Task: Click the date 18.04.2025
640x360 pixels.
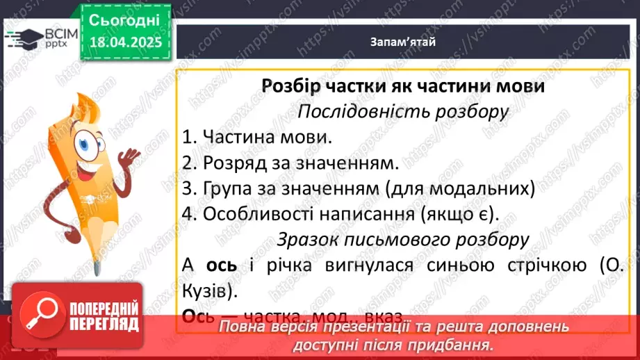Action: [x=125, y=43]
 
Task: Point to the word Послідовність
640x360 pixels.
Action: [x=360, y=111]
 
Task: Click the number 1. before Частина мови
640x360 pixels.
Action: [x=190, y=137]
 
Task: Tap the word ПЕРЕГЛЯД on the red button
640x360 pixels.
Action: [x=103, y=324]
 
